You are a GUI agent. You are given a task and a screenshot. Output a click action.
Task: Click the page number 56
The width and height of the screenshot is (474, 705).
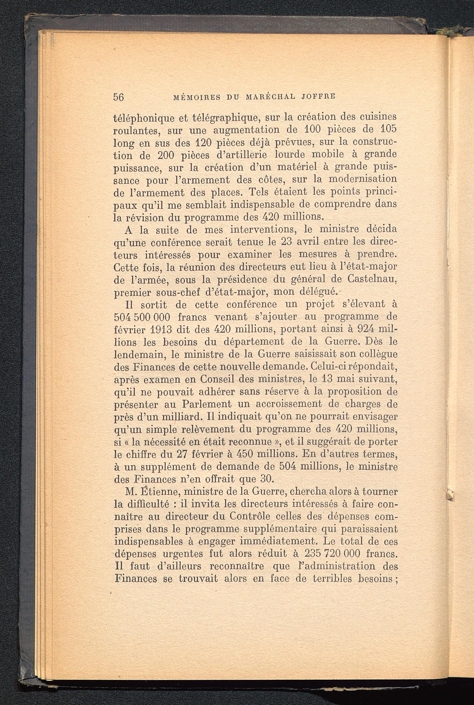118,97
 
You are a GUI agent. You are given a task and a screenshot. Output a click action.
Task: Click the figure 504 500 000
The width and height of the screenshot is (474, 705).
142,317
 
